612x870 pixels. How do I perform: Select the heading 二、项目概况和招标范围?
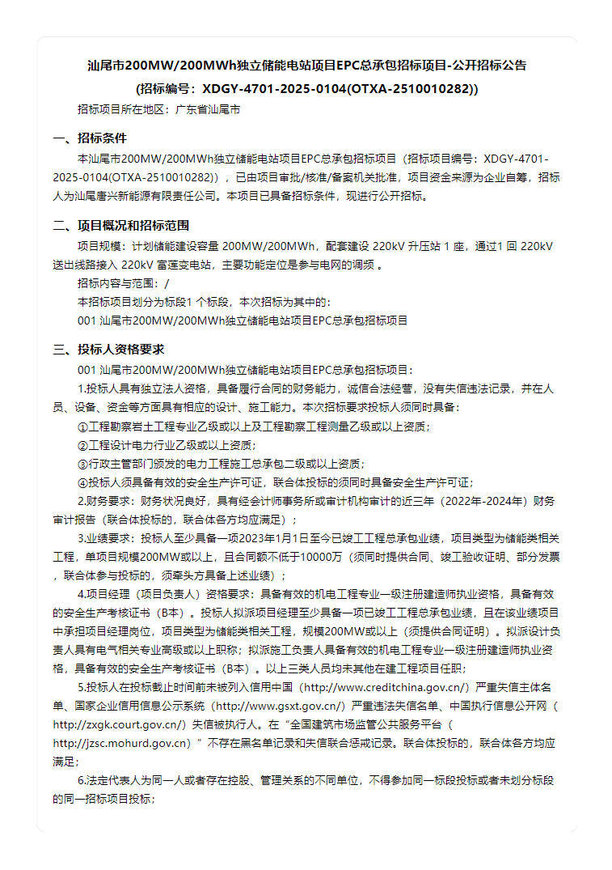pos(121,225)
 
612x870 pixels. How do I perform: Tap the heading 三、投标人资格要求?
pos(109,350)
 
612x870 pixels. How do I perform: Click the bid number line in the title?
pos(306,88)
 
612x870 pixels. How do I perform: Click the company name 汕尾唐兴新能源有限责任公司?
pos(141,196)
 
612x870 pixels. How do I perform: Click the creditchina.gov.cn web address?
pos(386,687)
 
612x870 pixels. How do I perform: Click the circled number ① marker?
pos(82,427)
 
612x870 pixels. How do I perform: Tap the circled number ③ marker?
pos(82,464)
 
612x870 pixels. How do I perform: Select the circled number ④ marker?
pos(82,482)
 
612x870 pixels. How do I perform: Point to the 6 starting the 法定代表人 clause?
pos(81,780)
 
